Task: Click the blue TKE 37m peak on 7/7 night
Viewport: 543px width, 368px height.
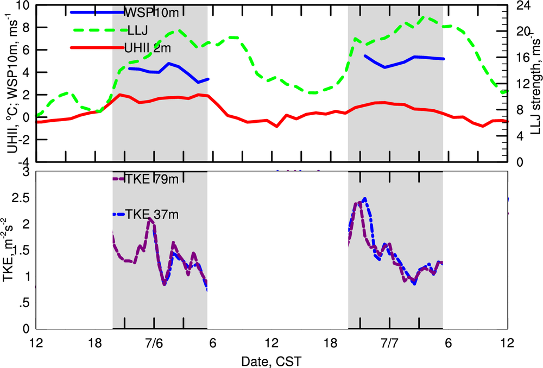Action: tap(365, 198)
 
